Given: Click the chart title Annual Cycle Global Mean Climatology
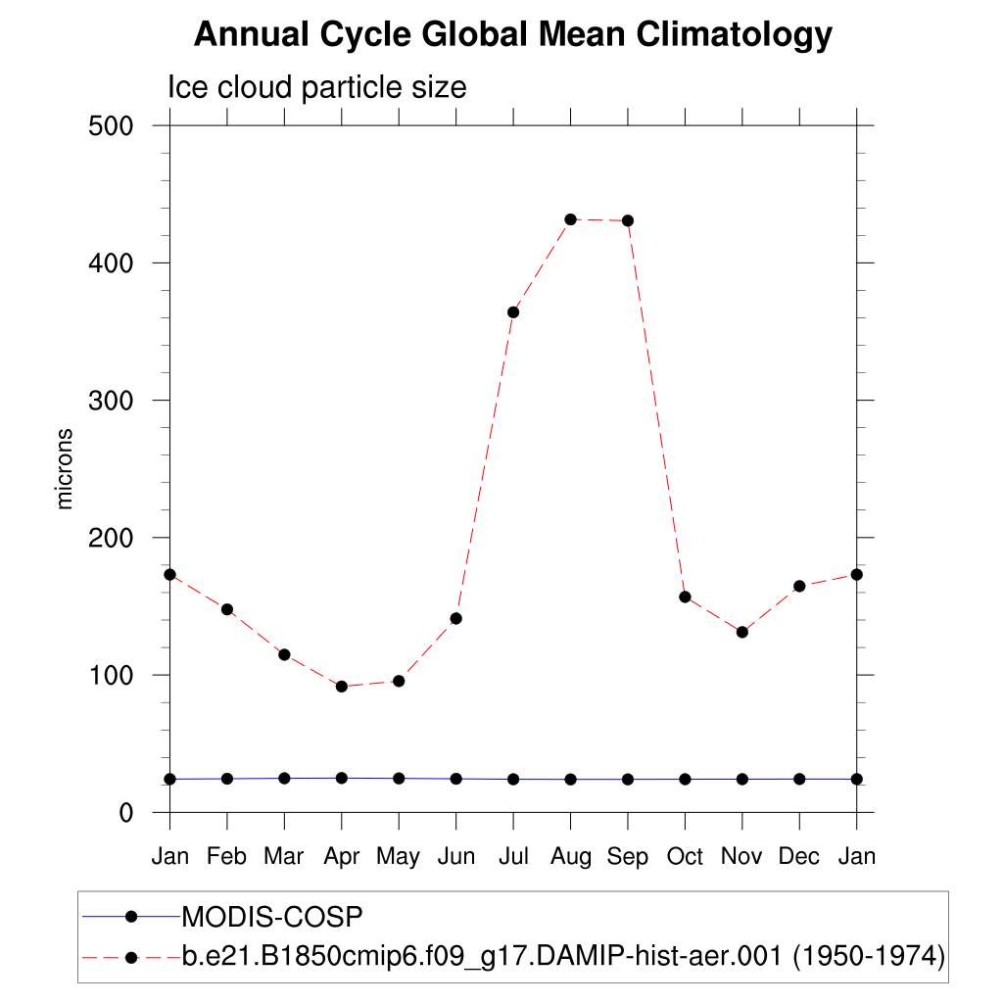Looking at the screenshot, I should coord(512,35).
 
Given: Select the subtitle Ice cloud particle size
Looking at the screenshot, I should coord(317,87).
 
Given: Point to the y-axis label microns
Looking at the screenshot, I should coord(66,468).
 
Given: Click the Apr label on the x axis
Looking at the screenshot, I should coord(341,857).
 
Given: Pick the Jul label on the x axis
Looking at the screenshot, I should coord(512,857).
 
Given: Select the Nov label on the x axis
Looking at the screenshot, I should coord(741,857).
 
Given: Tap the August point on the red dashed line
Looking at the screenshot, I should coord(571,219).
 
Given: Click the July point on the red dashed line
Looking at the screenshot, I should coord(513,312).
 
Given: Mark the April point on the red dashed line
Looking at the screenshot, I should coord(342,687).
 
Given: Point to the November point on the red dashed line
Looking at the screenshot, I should coord(742,632).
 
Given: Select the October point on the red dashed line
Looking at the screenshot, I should coord(686,597).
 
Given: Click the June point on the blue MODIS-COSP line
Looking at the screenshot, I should coord(456,779).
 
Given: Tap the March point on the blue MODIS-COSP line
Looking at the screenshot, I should coord(285,778).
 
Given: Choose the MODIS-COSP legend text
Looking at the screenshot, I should coord(273,917).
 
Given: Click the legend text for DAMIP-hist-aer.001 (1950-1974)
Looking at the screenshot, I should coord(563,956).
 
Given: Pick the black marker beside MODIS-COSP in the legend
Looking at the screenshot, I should coord(131,916).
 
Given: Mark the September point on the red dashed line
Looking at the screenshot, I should coord(628,220).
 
